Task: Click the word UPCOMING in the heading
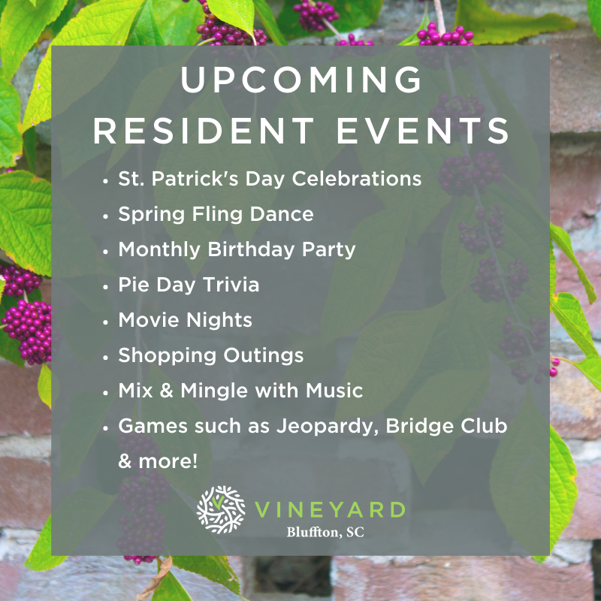(301, 80)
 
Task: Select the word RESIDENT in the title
(204, 131)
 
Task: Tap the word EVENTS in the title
(423, 131)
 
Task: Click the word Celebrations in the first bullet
(356, 179)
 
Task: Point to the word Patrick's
(195, 179)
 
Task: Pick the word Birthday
(252, 250)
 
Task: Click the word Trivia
(231, 285)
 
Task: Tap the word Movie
(147, 320)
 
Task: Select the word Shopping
(168, 356)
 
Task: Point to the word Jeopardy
(328, 427)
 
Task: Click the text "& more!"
(158, 461)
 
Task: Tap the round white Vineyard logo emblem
(221, 509)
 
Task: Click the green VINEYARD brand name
(330, 510)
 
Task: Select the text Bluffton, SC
(325, 532)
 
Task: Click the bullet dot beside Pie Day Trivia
(106, 286)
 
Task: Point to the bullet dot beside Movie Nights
(106, 322)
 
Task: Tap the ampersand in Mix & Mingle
(166, 391)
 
